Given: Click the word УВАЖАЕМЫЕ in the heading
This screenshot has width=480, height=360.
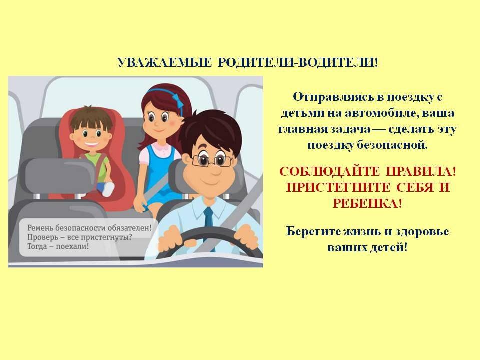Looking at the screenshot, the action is coord(164,63).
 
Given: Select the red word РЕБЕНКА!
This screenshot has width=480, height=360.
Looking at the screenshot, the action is coord(367,203).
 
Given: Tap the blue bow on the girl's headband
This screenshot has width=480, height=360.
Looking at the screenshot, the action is coord(177,100).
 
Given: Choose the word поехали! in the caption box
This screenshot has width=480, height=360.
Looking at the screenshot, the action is coord(72,246).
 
